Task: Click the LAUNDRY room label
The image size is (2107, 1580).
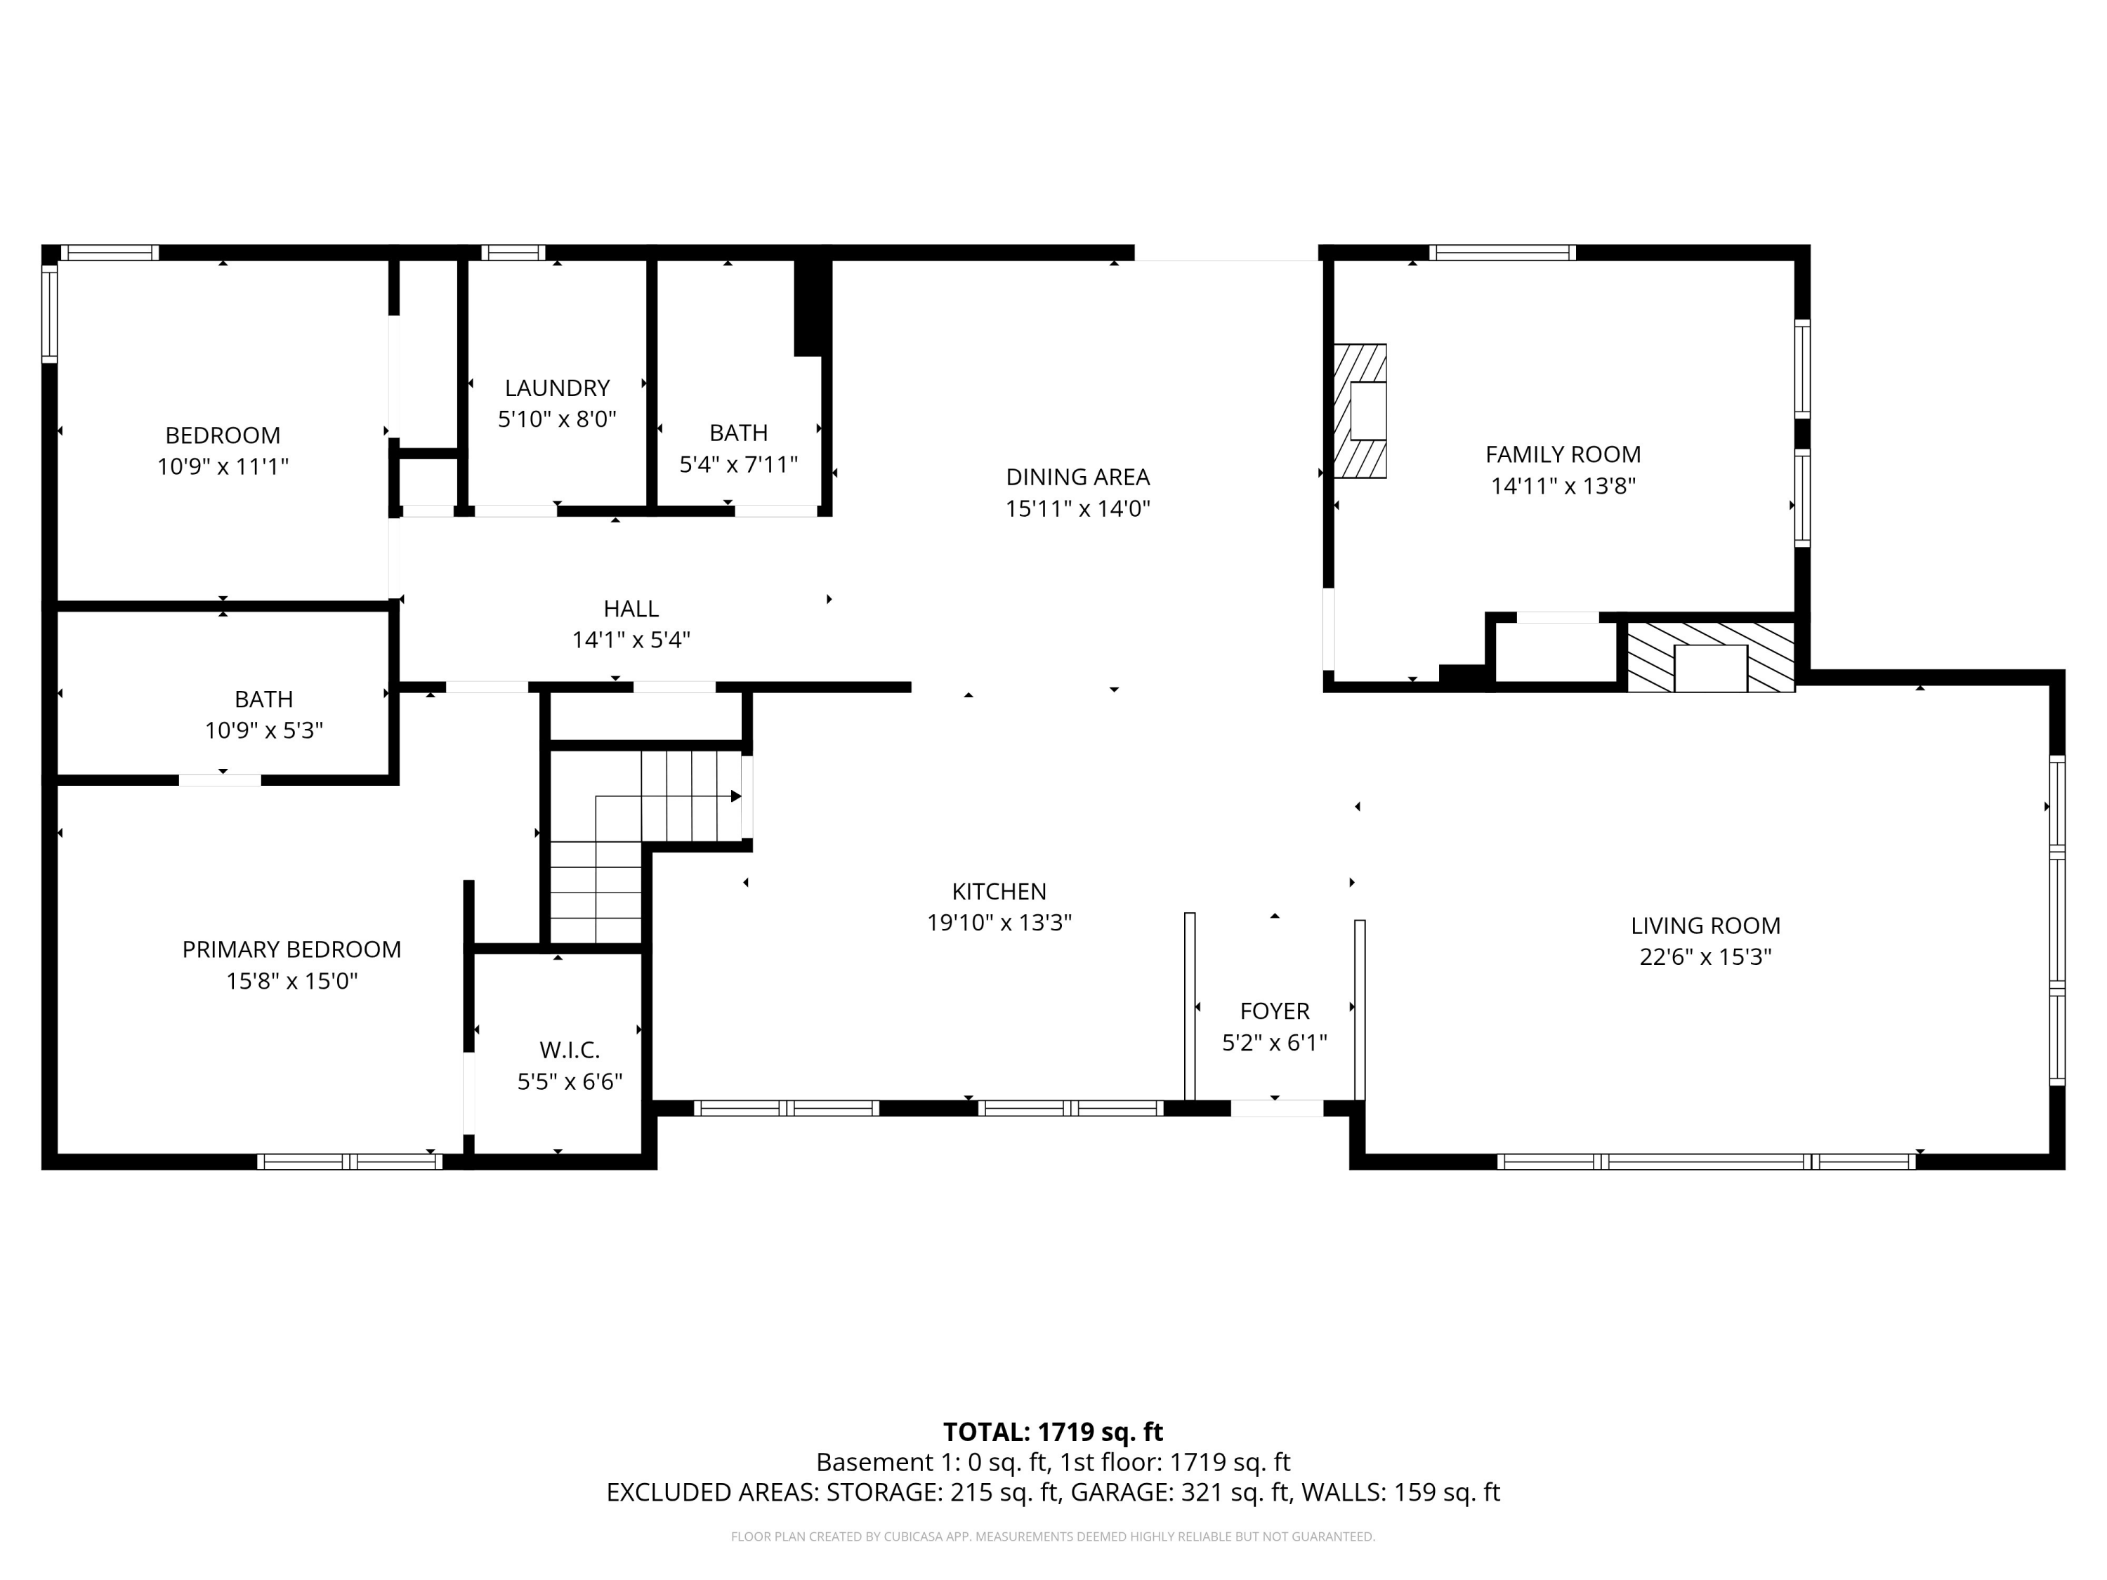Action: click(557, 388)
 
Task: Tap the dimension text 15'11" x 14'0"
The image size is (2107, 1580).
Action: click(1077, 508)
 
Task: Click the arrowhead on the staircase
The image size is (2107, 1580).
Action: click(735, 796)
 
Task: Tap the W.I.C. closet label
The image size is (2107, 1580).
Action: click(570, 1051)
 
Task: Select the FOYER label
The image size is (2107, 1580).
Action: click(1275, 1010)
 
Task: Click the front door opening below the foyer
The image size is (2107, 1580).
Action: click(1276, 1107)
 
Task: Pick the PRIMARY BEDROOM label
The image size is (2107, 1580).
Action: click(291, 949)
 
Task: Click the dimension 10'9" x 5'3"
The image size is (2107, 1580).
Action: click(264, 730)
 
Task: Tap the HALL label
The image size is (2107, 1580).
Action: click(631, 609)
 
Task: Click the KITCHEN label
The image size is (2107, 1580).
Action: click(999, 891)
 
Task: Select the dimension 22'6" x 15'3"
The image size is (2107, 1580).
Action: click(1705, 957)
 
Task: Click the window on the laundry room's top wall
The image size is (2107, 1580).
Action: click(513, 252)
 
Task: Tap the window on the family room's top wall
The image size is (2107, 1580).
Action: click(1502, 252)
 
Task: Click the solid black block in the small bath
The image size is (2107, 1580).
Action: click(808, 305)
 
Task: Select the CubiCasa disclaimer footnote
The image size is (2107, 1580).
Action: click(1053, 1536)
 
